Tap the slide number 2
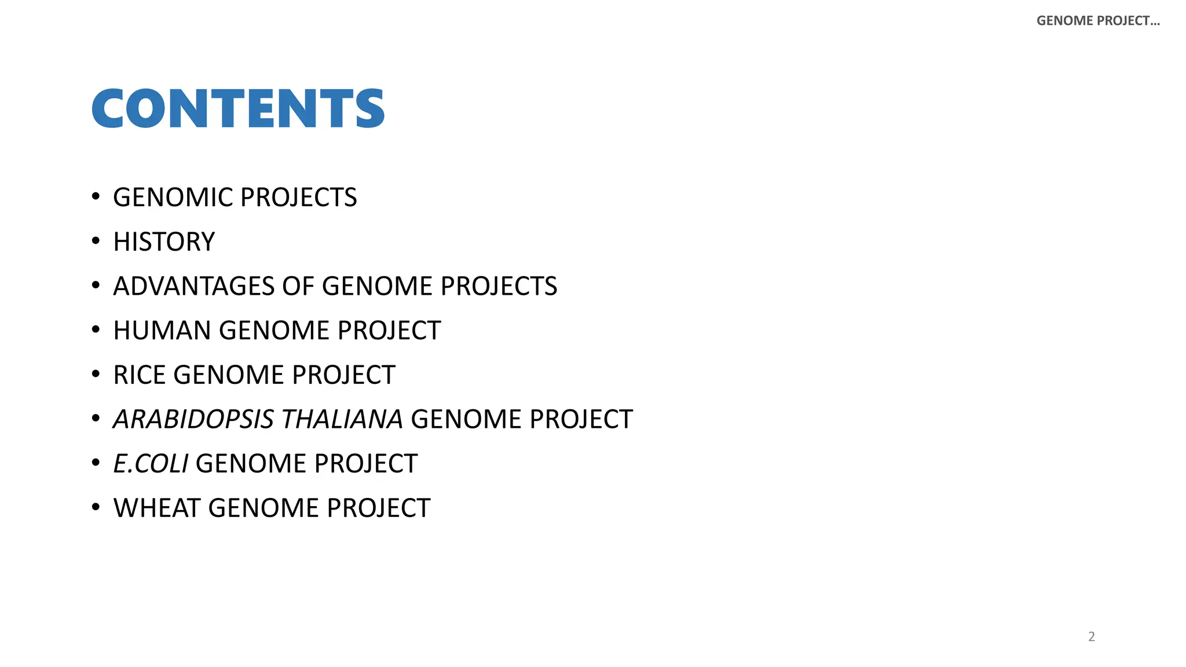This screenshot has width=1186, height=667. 1092,636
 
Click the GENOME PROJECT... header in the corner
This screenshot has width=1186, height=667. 1098,21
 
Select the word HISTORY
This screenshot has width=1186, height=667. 164,242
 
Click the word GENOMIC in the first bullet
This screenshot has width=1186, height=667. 173,197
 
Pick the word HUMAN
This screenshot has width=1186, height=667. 162,331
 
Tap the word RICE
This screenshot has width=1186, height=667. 140,375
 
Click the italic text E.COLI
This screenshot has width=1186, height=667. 151,464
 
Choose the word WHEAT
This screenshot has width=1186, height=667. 157,508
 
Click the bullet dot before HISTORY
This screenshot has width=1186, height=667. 96,241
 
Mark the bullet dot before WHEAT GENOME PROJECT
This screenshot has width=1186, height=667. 96,507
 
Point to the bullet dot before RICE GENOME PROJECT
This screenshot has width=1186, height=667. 96,374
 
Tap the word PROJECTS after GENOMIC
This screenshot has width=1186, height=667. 299,197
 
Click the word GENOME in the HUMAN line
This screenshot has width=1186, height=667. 274,331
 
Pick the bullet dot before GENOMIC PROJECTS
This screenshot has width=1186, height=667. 96,196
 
